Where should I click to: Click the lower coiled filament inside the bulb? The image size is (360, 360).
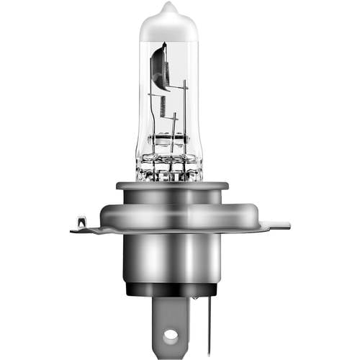[162, 108]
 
